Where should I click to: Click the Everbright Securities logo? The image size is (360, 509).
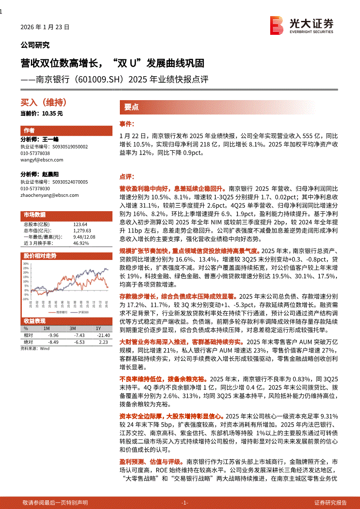click(x=301, y=26)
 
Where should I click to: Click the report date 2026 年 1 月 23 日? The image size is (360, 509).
click(x=45, y=27)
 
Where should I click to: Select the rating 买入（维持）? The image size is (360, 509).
click(x=44, y=103)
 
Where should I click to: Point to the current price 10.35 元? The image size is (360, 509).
click(x=42, y=113)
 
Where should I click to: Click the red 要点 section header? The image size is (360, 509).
click(x=131, y=108)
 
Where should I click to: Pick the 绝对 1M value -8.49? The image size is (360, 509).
click(x=52, y=342)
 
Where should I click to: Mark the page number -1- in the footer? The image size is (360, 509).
click(x=184, y=502)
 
